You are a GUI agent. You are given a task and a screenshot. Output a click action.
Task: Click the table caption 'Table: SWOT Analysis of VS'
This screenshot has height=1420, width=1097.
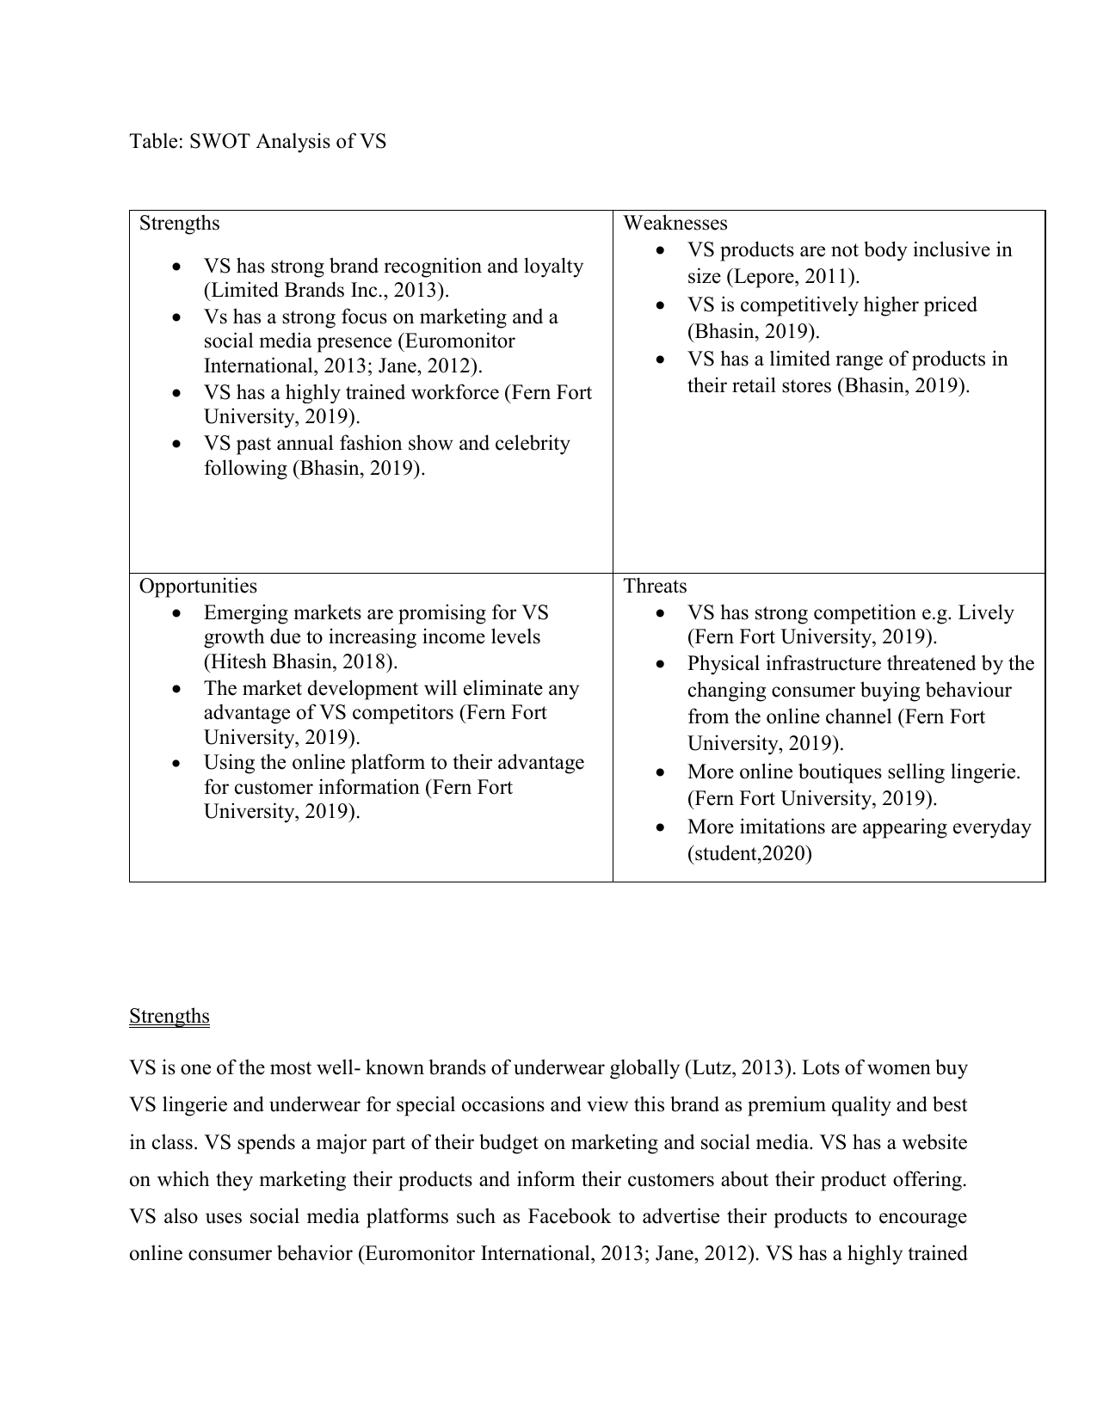(257, 141)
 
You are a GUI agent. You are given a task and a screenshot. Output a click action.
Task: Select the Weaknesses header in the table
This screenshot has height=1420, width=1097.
(675, 224)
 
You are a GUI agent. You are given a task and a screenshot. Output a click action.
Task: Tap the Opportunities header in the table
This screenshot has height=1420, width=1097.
(198, 587)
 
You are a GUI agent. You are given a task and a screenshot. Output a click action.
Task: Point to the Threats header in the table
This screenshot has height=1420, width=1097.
(655, 587)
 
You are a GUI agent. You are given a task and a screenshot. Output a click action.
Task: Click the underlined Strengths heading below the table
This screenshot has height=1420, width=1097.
(169, 1017)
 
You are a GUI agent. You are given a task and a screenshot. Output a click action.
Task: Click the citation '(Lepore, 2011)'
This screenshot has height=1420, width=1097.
(792, 277)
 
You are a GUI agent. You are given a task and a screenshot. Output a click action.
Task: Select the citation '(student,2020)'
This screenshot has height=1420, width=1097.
(749, 854)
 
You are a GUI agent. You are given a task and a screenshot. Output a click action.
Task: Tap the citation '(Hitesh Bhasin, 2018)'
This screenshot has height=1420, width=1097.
(301, 662)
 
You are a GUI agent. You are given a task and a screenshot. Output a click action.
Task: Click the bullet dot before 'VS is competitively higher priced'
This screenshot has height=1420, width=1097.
(660, 305)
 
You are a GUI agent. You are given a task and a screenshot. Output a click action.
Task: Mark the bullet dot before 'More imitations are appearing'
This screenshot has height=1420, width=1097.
(660, 827)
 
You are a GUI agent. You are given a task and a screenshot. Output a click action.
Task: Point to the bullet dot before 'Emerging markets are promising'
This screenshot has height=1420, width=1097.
(176, 613)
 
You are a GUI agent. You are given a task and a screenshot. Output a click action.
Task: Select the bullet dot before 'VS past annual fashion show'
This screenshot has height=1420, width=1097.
(176, 444)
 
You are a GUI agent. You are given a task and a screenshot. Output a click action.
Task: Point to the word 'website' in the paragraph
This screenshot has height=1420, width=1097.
(931, 1143)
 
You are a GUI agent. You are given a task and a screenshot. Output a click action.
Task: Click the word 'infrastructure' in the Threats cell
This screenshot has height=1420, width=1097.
(825, 664)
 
